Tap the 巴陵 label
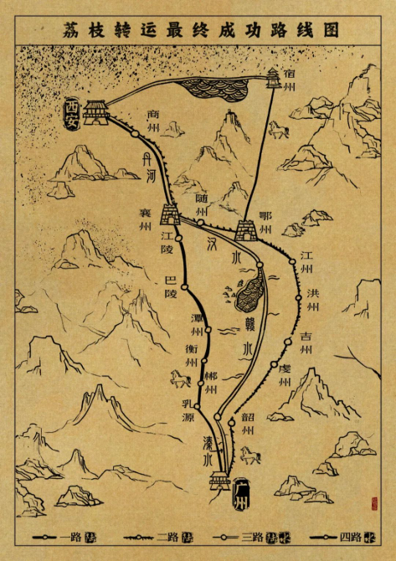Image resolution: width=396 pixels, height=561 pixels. point(171,286)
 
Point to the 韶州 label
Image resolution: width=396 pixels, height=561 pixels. point(247,423)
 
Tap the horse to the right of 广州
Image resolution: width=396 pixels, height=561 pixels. point(250,455)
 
